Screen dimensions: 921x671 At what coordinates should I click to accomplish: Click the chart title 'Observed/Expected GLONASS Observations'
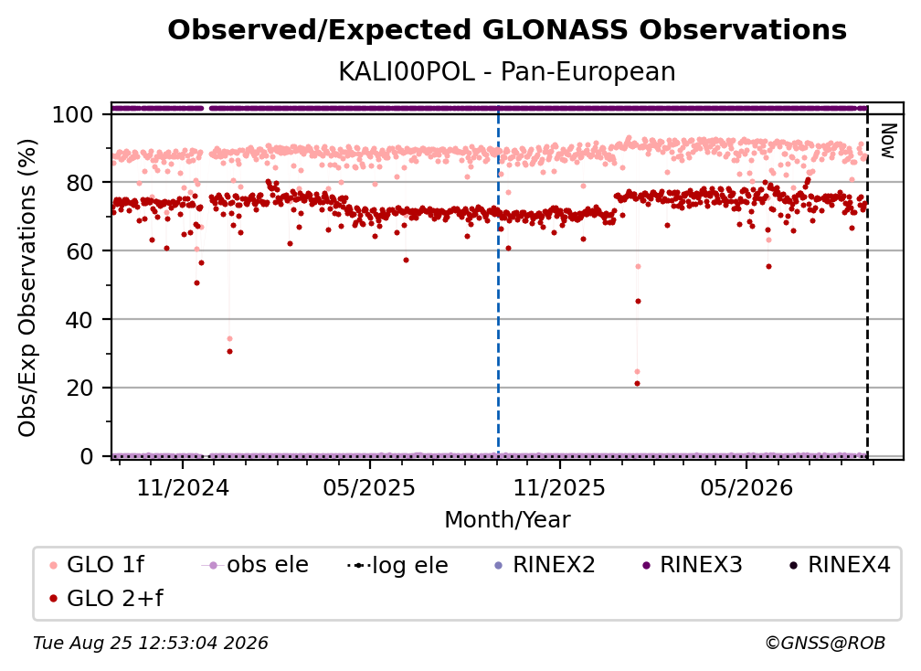point(507,30)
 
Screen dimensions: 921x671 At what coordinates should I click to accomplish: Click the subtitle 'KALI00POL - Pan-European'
point(507,71)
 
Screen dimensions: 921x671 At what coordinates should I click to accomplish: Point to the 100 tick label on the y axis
point(73,114)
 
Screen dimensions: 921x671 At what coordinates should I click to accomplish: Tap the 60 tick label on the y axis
point(79,251)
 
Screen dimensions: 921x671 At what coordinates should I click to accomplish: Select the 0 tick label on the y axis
point(87,456)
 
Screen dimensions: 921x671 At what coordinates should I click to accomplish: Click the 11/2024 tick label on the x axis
point(183,488)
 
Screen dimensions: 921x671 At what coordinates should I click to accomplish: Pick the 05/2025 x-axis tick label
point(369,488)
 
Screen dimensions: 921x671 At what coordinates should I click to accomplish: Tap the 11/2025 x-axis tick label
point(559,488)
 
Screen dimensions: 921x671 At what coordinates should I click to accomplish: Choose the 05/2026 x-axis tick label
point(746,488)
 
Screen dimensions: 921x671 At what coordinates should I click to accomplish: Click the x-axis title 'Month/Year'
point(507,520)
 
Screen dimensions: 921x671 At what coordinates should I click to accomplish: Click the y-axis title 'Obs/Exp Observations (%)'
point(27,288)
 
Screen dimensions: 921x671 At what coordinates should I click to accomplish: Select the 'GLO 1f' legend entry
point(97,565)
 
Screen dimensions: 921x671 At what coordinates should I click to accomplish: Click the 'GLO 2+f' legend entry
point(106,598)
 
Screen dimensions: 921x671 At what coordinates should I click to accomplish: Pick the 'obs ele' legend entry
point(255,565)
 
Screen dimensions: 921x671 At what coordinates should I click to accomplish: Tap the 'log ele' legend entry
point(397,565)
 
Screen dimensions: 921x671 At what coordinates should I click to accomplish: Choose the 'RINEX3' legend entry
point(693,565)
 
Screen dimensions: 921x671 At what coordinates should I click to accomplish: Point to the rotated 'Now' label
point(887,141)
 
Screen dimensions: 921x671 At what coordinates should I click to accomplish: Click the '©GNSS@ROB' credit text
point(825,644)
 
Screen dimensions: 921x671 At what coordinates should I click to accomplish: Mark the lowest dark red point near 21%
point(638,384)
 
